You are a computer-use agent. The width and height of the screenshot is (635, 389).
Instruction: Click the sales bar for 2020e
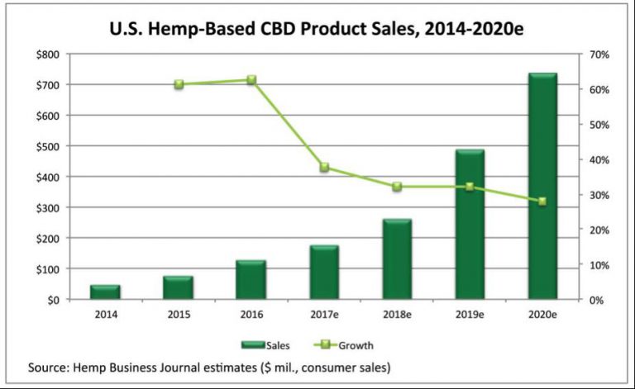tap(542, 186)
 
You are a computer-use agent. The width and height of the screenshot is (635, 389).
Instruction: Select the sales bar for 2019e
tap(470, 225)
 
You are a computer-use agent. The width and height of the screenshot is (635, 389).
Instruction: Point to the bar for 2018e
tap(397, 259)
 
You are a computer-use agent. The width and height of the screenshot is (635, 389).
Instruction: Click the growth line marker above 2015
tap(179, 84)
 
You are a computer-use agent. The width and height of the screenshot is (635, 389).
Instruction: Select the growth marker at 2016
tap(251, 80)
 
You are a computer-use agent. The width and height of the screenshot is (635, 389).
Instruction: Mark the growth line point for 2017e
tap(324, 168)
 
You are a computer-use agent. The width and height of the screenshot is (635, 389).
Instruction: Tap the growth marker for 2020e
tap(542, 202)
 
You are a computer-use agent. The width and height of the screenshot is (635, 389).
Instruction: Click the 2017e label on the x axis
tap(324, 315)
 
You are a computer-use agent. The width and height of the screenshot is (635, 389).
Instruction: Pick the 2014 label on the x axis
tap(105, 315)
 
